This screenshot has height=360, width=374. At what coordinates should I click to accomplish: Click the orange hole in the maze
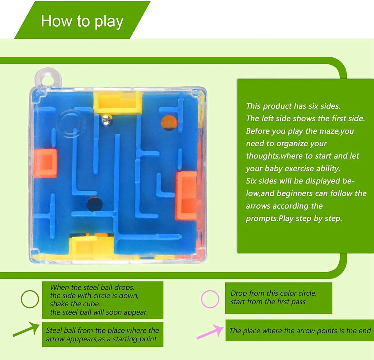coord(169,122)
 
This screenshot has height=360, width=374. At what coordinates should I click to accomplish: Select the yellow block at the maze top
coord(118,102)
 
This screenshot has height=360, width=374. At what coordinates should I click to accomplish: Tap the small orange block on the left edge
coord(45,163)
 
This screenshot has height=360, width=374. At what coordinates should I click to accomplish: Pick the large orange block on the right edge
coord(186,196)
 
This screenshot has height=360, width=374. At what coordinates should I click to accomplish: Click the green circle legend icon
coord(30,299)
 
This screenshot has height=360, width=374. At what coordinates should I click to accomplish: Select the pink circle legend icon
coord(210,299)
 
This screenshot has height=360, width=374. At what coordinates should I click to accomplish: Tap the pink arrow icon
coord(210,331)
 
